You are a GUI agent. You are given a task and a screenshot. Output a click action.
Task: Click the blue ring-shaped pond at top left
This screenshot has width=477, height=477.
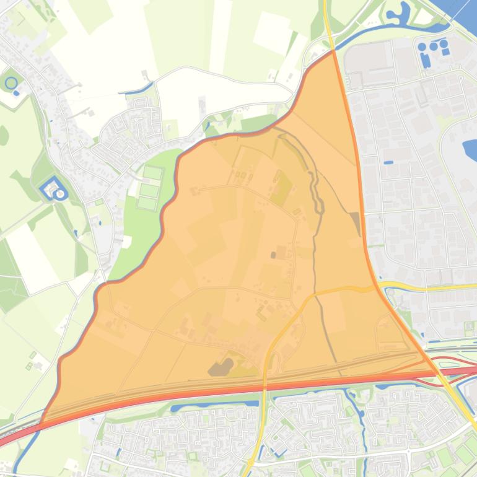(11, 82)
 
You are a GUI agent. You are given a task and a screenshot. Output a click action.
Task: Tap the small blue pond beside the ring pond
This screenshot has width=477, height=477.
(16, 93)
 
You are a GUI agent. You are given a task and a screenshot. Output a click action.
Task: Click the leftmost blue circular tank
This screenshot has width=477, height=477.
(422, 46)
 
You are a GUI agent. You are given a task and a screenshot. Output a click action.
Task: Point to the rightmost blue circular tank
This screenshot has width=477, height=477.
(444, 45)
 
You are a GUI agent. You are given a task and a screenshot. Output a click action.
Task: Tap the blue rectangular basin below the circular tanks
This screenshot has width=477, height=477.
(426, 60)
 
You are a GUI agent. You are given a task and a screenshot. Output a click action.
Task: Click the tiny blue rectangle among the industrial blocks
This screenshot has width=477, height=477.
(388, 163)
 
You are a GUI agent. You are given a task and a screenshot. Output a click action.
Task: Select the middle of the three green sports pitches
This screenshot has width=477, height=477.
(149, 189)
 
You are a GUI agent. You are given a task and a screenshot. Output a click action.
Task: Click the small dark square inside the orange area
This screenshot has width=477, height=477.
(273, 255)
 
